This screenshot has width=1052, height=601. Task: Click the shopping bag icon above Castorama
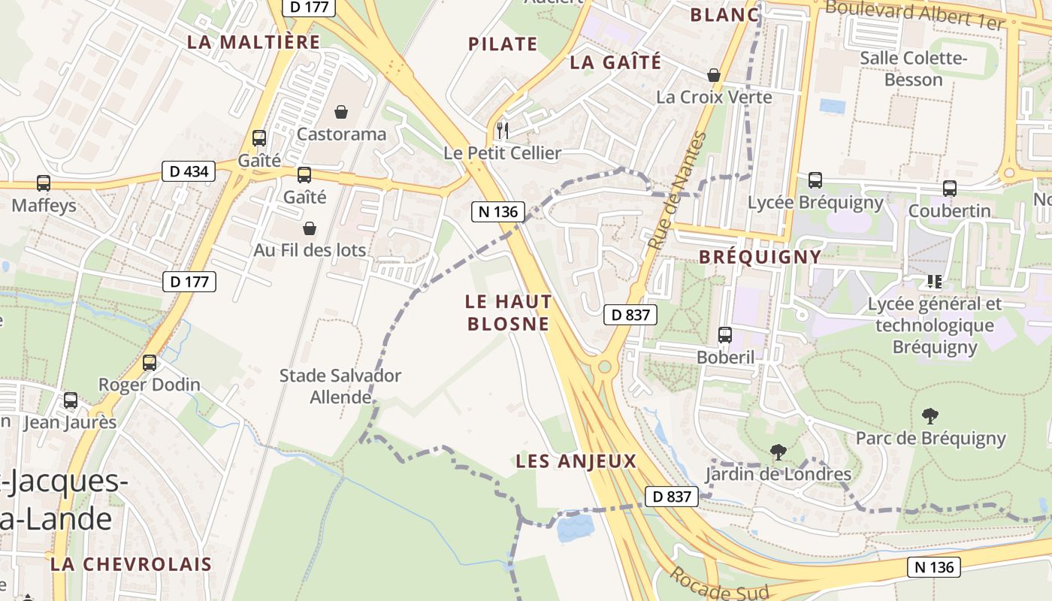(x=341, y=112)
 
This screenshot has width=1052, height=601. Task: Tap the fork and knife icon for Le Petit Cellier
(x=503, y=131)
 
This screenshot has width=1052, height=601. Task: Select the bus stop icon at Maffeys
(x=44, y=183)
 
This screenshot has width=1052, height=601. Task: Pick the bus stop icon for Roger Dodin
(x=150, y=363)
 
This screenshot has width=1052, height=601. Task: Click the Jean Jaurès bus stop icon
(x=71, y=400)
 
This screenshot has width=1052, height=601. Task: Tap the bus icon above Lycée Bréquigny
(x=815, y=180)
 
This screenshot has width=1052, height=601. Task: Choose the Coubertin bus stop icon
(x=950, y=189)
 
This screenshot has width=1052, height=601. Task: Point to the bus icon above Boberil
(x=725, y=335)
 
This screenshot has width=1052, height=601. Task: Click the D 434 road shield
(x=189, y=171)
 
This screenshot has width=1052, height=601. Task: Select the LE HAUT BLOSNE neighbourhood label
(x=509, y=313)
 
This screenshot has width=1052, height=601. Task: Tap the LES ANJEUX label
(x=576, y=461)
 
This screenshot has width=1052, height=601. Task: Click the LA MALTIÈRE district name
(x=253, y=42)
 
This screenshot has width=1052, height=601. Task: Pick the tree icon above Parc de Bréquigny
(x=930, y=415)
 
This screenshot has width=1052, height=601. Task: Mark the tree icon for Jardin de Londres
(x=778, y=452)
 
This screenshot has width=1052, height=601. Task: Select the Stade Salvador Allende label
(x=340, y=386)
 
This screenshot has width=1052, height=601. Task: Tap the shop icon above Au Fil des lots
(x=310, y=228)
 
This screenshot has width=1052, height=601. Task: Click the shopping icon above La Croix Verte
(x=714, y=75)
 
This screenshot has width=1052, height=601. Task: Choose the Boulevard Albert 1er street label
(x=914, y=15)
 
